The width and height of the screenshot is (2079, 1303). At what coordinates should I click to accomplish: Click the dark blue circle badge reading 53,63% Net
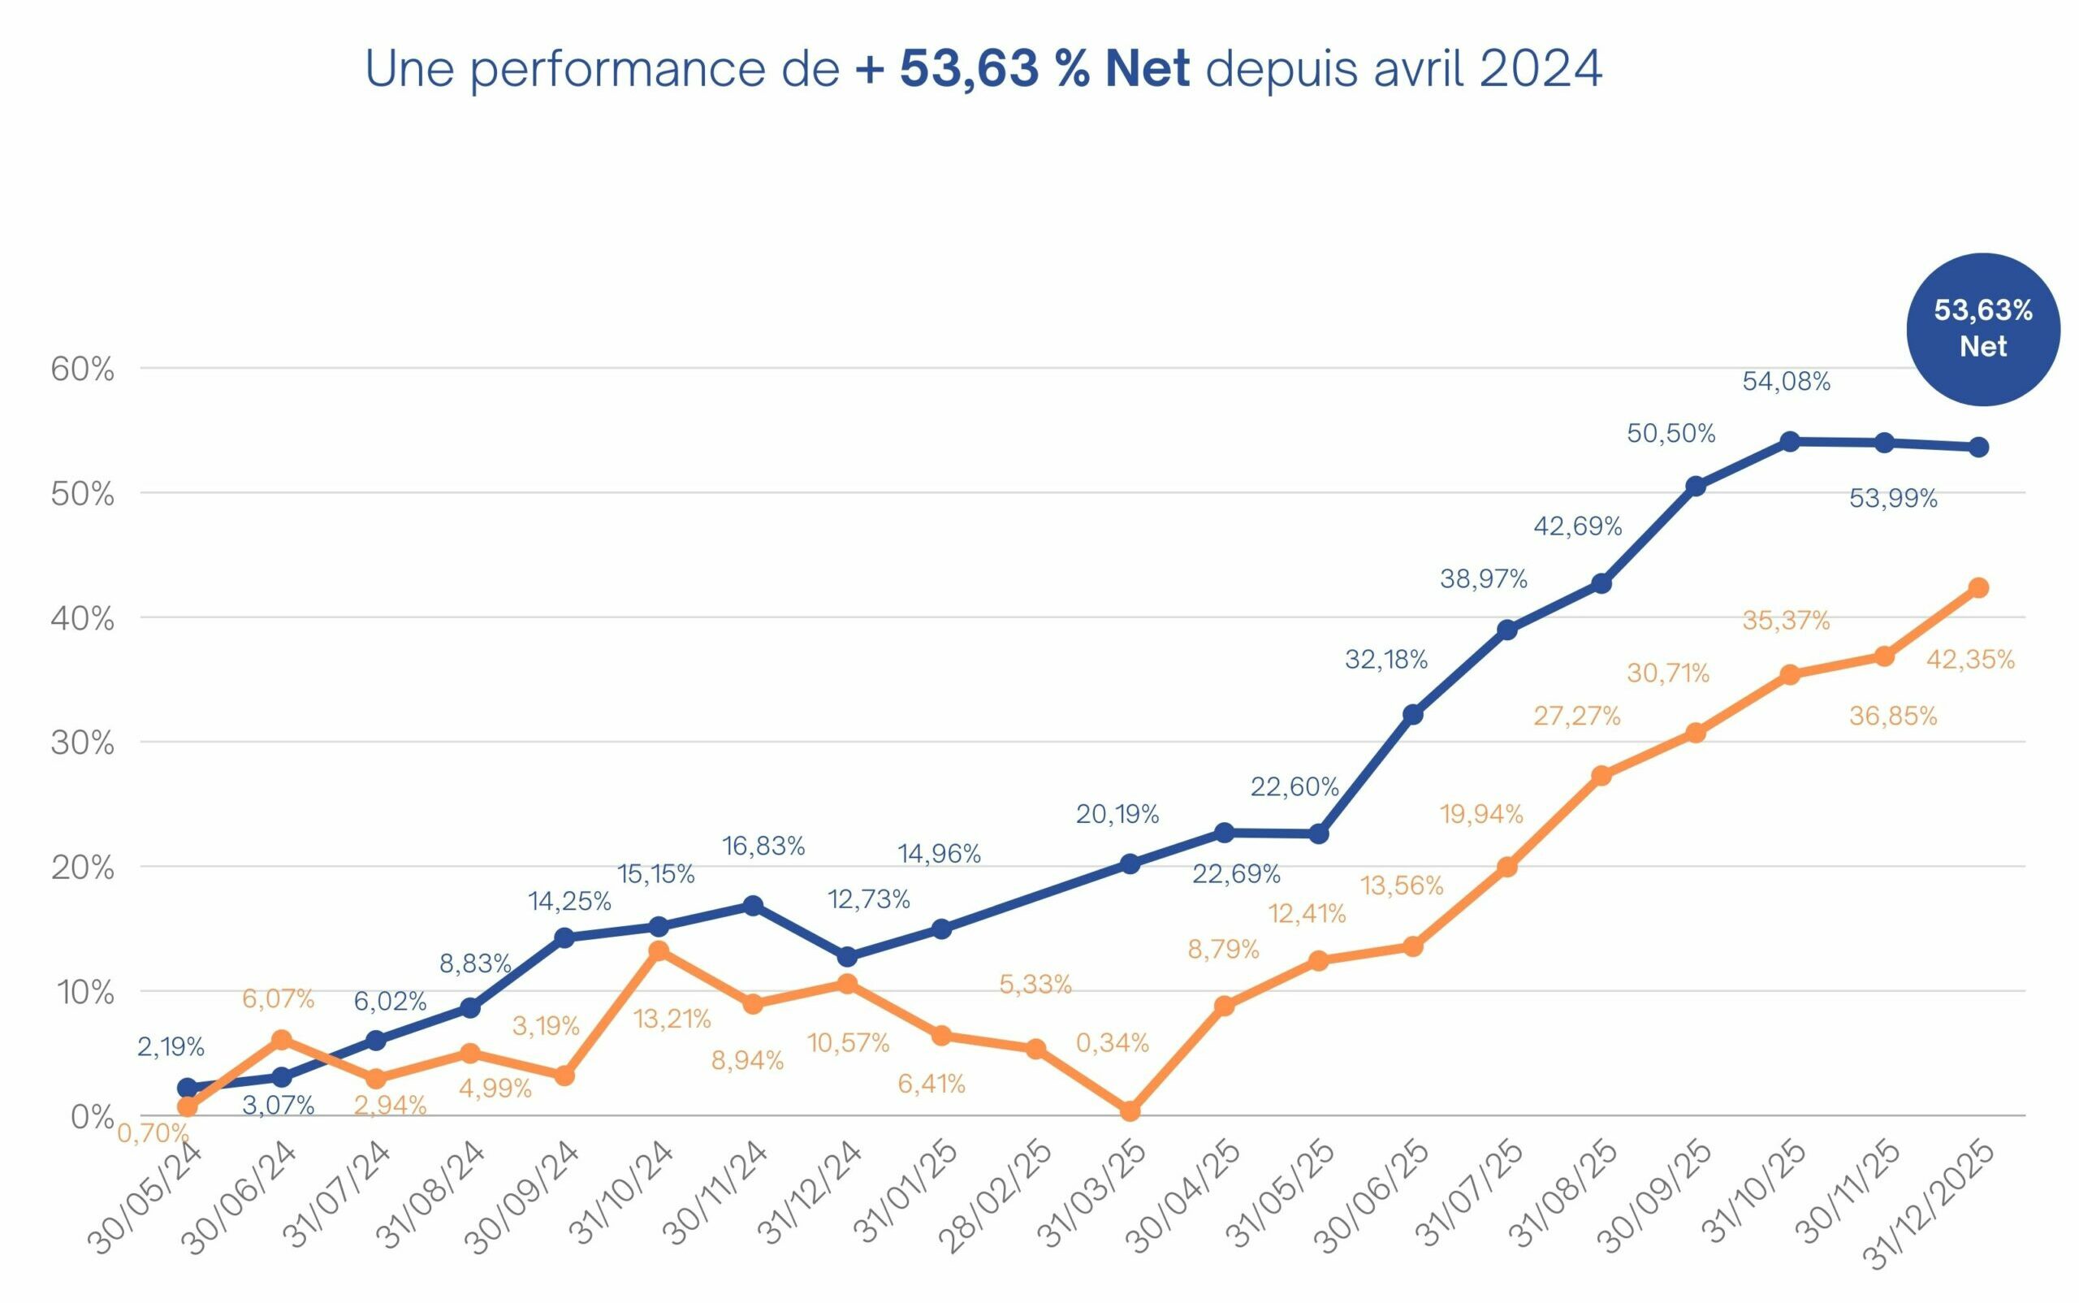pyautogui.click(x=1982, y=328)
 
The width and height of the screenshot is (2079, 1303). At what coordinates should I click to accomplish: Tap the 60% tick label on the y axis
pyautogui.click(x=82, y=370)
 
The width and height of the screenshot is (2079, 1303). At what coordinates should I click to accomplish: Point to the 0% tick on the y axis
pyautogui.click(x=91, y=1117)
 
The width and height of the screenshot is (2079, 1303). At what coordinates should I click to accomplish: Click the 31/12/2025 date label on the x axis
pyautogui.click(x=1929, y=1204)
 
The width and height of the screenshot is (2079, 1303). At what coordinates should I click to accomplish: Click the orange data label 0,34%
pyautogui.click(x=1112, y=1043)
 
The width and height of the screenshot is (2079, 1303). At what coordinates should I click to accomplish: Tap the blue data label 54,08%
pyautogui.click(x=1785, y=382)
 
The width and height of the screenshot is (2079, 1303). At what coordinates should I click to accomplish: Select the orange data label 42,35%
pyautogui.click(x=1969, y=660)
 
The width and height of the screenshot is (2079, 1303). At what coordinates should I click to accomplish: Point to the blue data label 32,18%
pyautogui.click(x=1385, y=660)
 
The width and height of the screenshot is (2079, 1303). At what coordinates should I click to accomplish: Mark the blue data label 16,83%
pyautogui.click(x=763, y=846)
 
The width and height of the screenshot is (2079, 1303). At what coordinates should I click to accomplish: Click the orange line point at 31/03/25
pyautogui.click(x=1130, y=1110)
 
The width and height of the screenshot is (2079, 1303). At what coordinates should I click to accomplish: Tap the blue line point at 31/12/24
pyautogui.click(x=847, y=957)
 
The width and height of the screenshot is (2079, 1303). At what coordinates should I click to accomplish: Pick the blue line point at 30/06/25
pyautogui.click(x=1413, y=714)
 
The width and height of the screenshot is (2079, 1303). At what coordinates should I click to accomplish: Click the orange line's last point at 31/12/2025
pyautogui.click(x=1978, y=587)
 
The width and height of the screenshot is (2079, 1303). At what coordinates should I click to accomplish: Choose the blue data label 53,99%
pyautogui.click(x=1892, y=498)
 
